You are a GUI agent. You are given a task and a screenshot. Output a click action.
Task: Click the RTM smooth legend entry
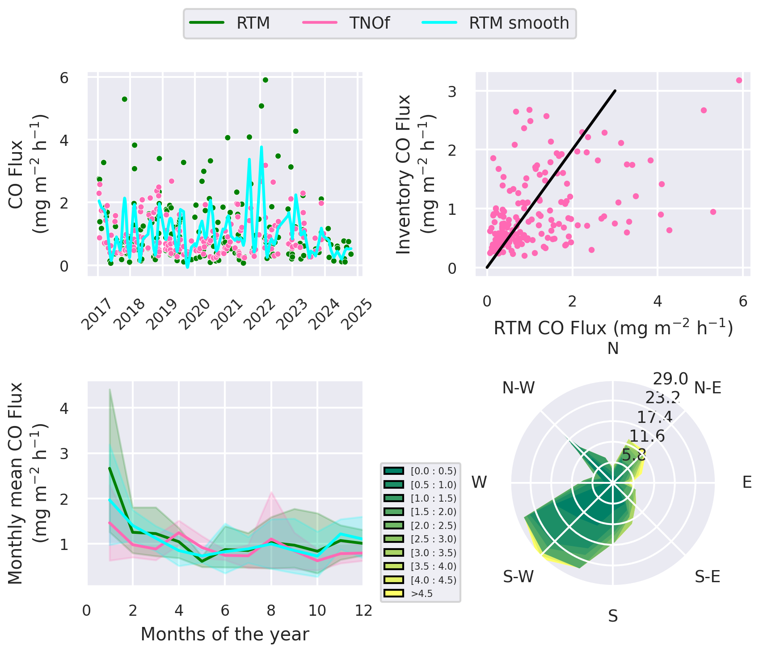[x=519, y=23]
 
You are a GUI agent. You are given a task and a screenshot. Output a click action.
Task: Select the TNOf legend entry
[x=369, y=23]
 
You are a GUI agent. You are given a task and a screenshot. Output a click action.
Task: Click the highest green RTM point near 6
[x=265, y=80]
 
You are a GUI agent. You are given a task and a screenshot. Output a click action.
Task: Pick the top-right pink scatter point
[x=739, y=81]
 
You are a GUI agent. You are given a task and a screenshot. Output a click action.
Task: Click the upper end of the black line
[x=615, y=91]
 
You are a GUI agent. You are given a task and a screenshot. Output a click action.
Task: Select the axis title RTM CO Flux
[x=613, y=328]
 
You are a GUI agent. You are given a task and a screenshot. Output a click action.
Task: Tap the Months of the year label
[x=225, y=634]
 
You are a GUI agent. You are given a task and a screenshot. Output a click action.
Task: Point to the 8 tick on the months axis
[x=271, y=610]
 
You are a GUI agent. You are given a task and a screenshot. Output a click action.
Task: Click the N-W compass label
[x=519, y=388]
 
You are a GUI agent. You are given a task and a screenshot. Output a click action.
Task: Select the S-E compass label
[x=707, y=577]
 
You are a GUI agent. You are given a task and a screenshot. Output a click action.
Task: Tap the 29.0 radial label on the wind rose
[x=670, y=379]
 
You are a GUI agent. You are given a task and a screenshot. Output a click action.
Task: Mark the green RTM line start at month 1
[x=110, y=468]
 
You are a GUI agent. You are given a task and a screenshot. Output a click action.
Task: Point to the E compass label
[x=746, y=482]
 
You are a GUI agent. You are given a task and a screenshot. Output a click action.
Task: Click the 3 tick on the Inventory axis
[x=452, y=91]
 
